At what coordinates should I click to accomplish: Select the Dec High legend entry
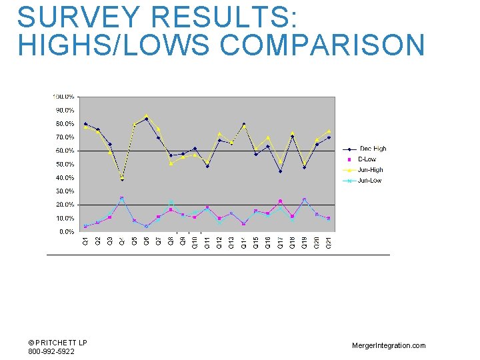coord(373,149)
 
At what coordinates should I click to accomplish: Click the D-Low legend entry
coord(367,159)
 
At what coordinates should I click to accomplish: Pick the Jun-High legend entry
coord(371,170)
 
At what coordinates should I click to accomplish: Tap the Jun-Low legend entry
coord(370,181)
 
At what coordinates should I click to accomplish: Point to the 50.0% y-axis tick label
coord(65,165)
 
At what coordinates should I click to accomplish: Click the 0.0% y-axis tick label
coord(66,232)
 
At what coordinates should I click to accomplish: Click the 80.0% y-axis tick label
coord(65,124)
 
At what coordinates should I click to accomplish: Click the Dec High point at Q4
coord(122,179)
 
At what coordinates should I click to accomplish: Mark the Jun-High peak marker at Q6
coord(147,116)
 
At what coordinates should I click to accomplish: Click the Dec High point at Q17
coord(280,171)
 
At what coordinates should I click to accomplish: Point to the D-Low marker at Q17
coord(280,201)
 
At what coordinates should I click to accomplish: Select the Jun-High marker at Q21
coord(329,131)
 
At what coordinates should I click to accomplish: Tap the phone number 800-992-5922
coord(51,351)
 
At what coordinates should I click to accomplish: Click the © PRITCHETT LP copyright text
coord(57,343)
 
